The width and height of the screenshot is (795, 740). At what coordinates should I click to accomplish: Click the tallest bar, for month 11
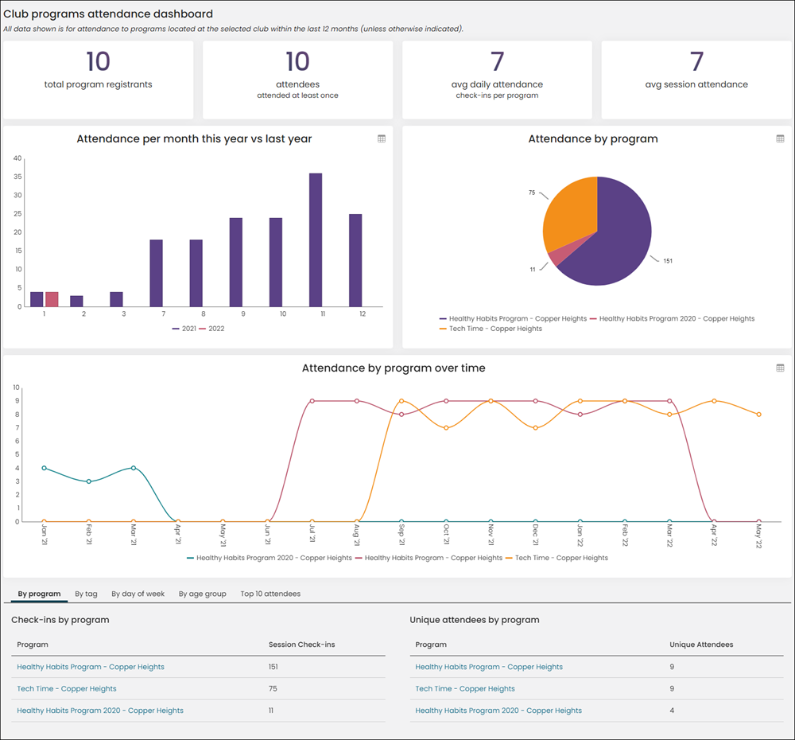[316, 240]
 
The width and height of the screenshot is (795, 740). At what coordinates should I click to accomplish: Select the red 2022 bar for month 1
[52, 299]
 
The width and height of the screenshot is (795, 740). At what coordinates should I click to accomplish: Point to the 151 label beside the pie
[668, 261]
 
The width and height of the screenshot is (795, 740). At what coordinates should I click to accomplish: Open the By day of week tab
[138, 594]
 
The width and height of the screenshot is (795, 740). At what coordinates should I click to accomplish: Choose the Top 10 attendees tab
[270, 594]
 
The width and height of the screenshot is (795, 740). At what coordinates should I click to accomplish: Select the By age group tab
[202, 594]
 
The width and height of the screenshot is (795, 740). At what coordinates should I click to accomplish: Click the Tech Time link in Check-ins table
[67, 689]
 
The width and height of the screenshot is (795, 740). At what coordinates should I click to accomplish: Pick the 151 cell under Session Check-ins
[273, 667]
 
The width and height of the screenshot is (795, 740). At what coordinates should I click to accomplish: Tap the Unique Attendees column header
[701, 645]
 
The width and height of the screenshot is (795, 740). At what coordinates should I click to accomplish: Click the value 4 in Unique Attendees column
[672, 711]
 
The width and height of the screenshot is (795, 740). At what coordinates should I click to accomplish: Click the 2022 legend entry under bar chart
[212, 329]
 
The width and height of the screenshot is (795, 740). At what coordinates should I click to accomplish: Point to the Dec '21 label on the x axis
[535, 535]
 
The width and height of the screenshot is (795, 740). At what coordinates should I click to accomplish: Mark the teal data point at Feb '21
[89, 481]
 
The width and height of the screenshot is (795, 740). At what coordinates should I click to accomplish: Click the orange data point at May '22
[759, 414]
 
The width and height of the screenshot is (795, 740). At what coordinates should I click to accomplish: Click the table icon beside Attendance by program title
[781, 138]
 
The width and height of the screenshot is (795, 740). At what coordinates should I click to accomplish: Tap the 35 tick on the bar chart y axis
[17, 177]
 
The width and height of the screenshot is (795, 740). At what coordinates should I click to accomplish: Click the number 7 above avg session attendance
[696, 62]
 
